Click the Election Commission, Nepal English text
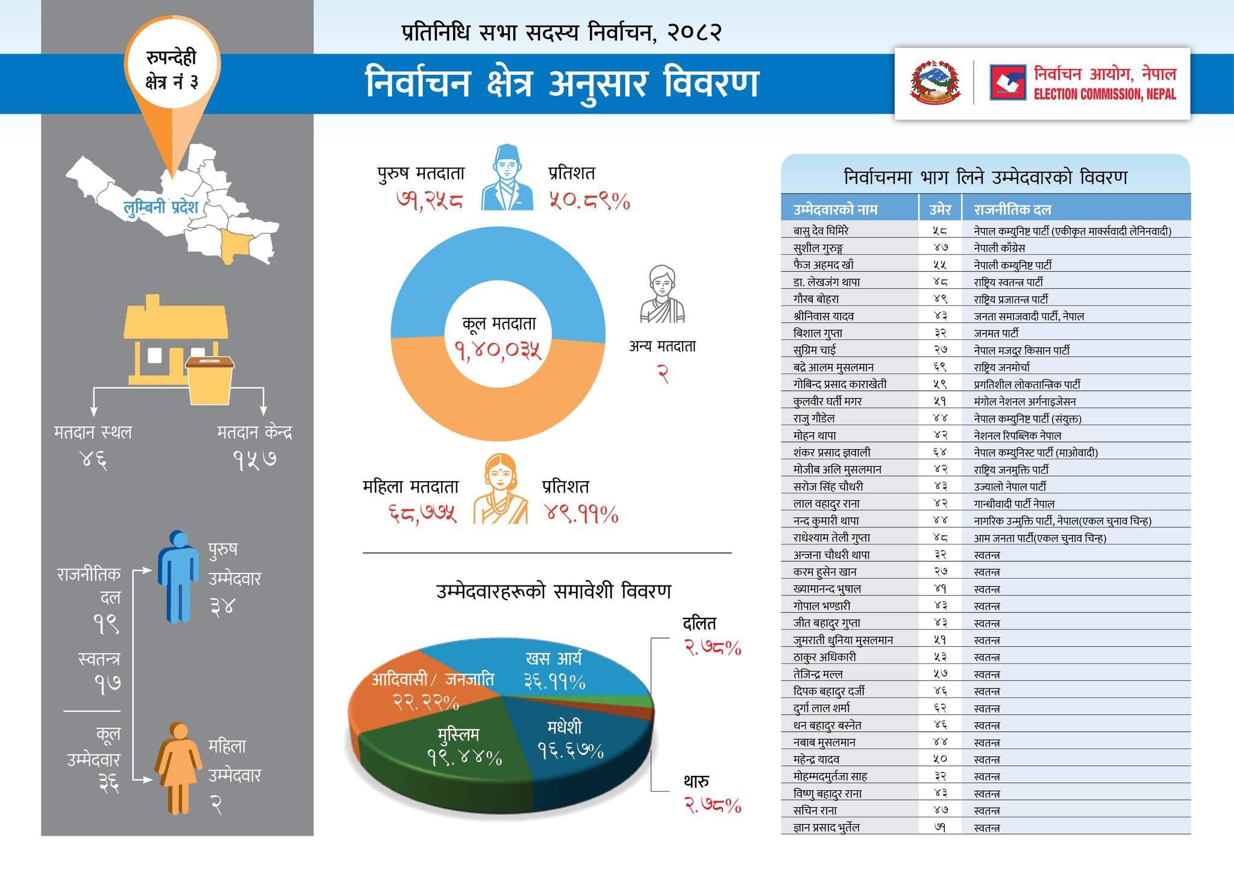coord(1104,94)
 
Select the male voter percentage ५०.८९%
coord(589,201)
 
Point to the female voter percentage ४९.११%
coord(581,514)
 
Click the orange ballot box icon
coord(210,379)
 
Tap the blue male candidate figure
coord(178,576)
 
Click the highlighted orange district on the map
coord(235,244)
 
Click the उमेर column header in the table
coord(939,209)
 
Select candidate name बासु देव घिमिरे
coord(821,230)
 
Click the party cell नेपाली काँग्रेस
coord(999,247)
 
